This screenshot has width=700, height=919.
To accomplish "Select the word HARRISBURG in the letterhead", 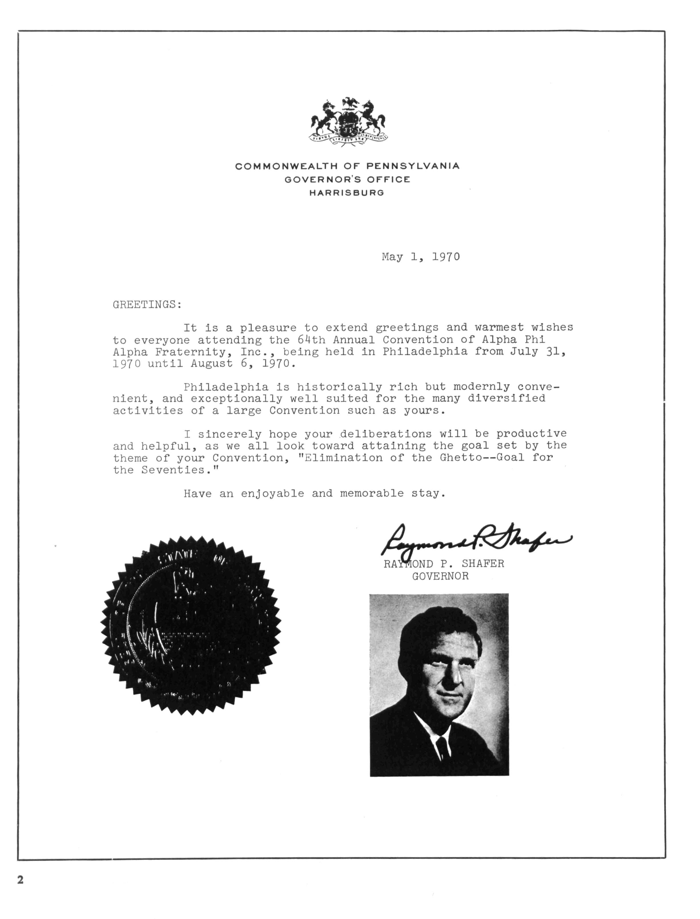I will pyautogui.click(x=347, y=193).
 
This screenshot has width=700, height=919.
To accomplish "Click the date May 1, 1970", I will pyautogui.click(x=421, y=257).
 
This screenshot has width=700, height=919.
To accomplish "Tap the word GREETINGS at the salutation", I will pyautogui.click(x=146, y=305).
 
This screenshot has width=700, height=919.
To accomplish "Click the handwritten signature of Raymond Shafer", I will pyautogui.click(x=475, y=540).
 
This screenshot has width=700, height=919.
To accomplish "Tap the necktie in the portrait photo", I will pyautogui.click(x=442, y=747).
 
